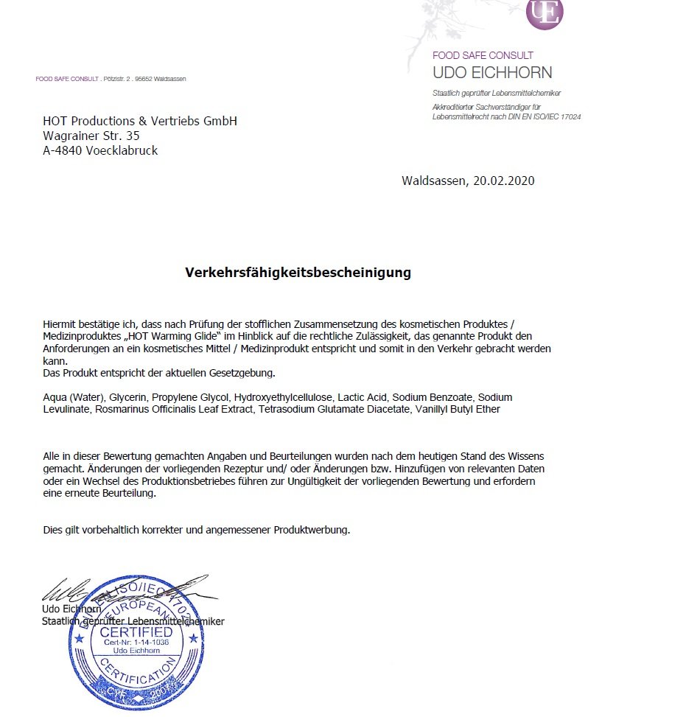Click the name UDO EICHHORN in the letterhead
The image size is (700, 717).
click(x=492, y=73)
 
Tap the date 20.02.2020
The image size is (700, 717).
click(x=501, y=181)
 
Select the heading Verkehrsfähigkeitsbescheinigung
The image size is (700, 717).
click(x=298, y=273)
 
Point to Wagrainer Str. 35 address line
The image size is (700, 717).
click(x=91, y=136)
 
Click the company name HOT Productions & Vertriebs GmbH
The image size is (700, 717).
click(x=140, y=121)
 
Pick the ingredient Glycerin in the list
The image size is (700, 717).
click(x=127, y=397)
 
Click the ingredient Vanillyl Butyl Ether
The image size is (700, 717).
click(x=458, y=409)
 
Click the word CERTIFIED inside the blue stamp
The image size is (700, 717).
click(x=136, y=632)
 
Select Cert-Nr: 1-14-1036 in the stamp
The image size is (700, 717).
click(x=136, y=643)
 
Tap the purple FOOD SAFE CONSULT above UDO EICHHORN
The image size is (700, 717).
click(x=483, y=55)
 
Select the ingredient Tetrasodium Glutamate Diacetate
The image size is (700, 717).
click(x=334, y=409)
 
